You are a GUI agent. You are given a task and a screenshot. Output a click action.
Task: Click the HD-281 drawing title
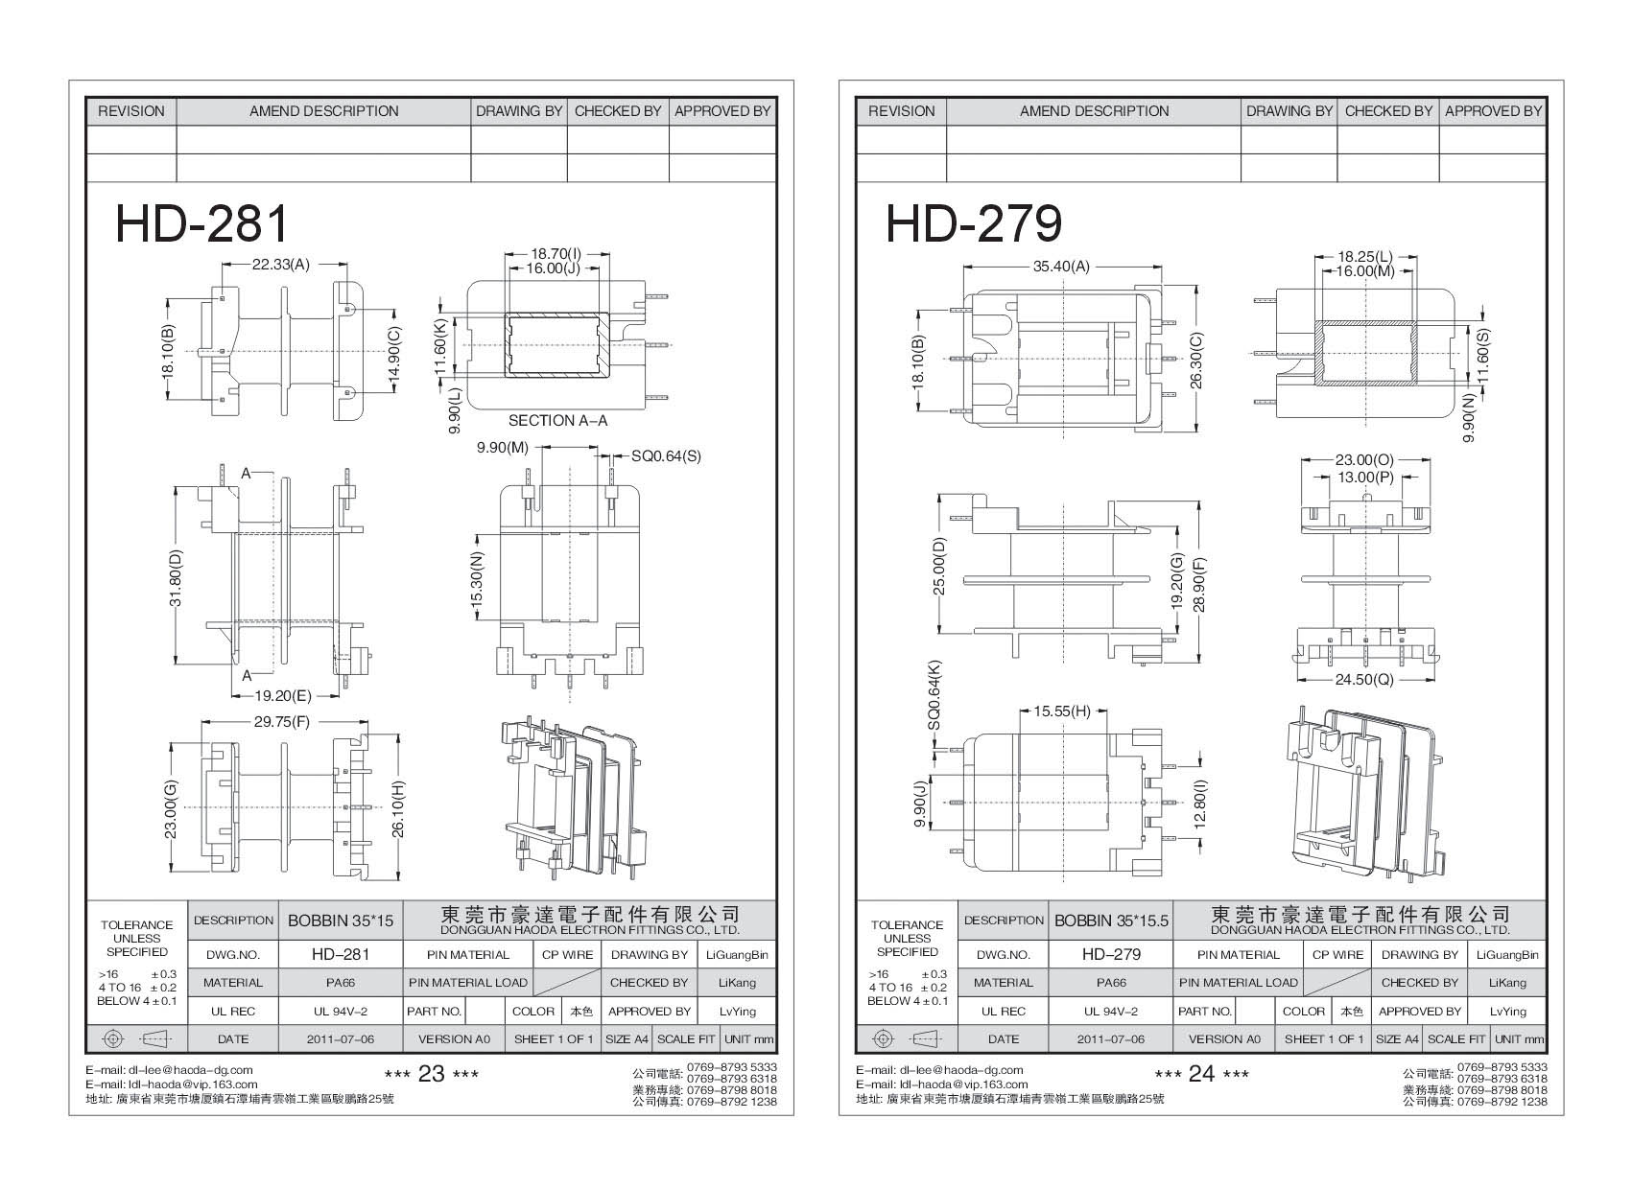click(201, 224)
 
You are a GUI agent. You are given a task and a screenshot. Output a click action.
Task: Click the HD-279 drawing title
click(973, 224)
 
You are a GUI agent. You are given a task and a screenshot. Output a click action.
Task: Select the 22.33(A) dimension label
click(280, 264)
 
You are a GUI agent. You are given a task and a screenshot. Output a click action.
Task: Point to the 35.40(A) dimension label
click(1061, 267)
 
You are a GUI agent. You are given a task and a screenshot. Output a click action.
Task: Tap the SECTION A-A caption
click(557, 420)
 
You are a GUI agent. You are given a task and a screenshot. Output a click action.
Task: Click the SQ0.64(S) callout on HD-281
click(666, 456)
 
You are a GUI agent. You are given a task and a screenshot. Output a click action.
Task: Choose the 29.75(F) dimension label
click(280, 722)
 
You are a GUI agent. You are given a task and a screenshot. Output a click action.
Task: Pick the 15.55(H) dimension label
click(1062, 711)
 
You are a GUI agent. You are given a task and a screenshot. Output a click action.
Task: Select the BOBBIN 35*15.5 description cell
click(1111, 921)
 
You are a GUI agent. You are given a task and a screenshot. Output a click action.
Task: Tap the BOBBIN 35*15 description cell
click(341, 921)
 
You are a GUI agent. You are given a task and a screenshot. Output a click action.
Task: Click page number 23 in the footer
click(431, 1074)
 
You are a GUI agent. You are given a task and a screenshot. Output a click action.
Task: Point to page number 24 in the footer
click(1201, 1074)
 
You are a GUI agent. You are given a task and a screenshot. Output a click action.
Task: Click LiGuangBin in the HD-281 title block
click(737, 955)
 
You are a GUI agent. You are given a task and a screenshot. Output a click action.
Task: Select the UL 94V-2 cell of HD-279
click(1111, 1011)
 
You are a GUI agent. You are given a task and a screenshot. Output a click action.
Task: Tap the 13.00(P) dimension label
click(1364, 477)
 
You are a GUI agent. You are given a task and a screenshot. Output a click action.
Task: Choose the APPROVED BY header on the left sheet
click(721, 111)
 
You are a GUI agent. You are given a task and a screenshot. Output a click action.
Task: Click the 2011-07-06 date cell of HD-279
click(1111, 1038)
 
